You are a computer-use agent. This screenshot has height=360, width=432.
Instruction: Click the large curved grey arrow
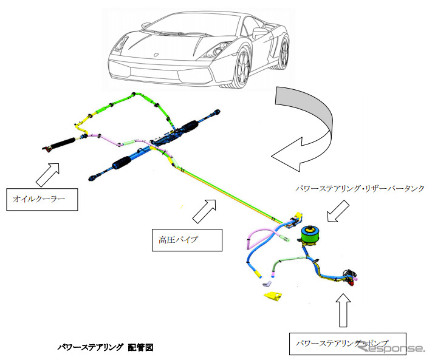(x=304, y=131)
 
